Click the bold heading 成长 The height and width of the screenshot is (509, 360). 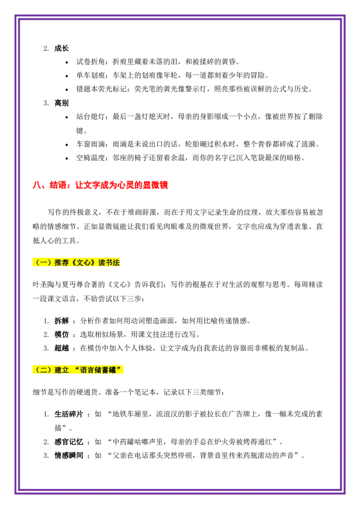click(x=61, y=49)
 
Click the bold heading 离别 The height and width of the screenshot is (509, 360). click(x=61, y=103)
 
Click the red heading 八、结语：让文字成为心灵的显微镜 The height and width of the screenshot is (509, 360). click(x=100, y=185)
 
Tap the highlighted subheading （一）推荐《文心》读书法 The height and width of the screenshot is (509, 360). click(x=76, y=262)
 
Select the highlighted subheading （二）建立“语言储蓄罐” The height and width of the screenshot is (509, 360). click(x=78, y=370)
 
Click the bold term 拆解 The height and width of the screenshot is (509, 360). click(x=61, y=321)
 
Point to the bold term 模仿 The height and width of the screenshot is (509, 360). click(x=61, y=335)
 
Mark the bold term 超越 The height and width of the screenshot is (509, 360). click(x=61, y=348)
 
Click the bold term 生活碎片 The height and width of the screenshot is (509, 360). click(x=68, y=414)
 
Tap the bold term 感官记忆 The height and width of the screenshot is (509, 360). click(x=68, y=442)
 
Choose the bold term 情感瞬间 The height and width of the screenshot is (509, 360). click(x=68, y=455)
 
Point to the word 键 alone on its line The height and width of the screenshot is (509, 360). click(x=80, y=130)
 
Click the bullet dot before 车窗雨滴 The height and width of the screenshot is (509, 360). click(x=67, y=145)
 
